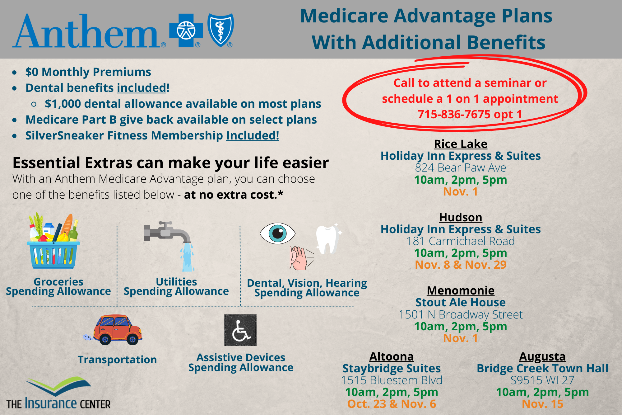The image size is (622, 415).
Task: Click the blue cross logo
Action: pyautogui.click(x=186, y=30)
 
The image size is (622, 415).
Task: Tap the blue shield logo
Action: pyautogui.click(x=220, y=30)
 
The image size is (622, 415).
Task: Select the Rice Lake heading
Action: pyautogui.click(x=461, y=144)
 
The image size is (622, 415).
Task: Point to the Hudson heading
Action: pyautogui.click(x=461, y=217)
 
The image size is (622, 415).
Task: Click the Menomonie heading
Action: pyautogui.click(x=461, y=290)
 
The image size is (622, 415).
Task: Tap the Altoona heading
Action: pyautogui.click(x=392, y=356)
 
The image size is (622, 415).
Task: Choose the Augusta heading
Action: pyautogui.click(x=542, y=357)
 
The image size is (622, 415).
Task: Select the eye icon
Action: pyautogui.click(x=277, y=233)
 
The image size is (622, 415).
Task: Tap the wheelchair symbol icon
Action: pyautogui.click(x=240, y=330)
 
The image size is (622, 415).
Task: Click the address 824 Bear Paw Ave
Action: pyautogui.click(x=461, y=168)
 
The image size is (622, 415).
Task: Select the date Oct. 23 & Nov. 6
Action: pyautogui.click(x=392, y=404)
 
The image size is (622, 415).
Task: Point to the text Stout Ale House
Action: pyautogui.click(x=461, y=302)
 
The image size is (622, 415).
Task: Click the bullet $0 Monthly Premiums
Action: pyautogui.click(x=88, y=72)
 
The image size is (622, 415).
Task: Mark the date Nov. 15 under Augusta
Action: pyautogui.click(x=542, y=404)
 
